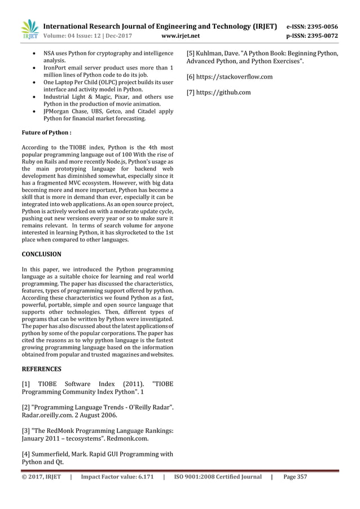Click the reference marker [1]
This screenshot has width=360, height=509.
tap(26, 385)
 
